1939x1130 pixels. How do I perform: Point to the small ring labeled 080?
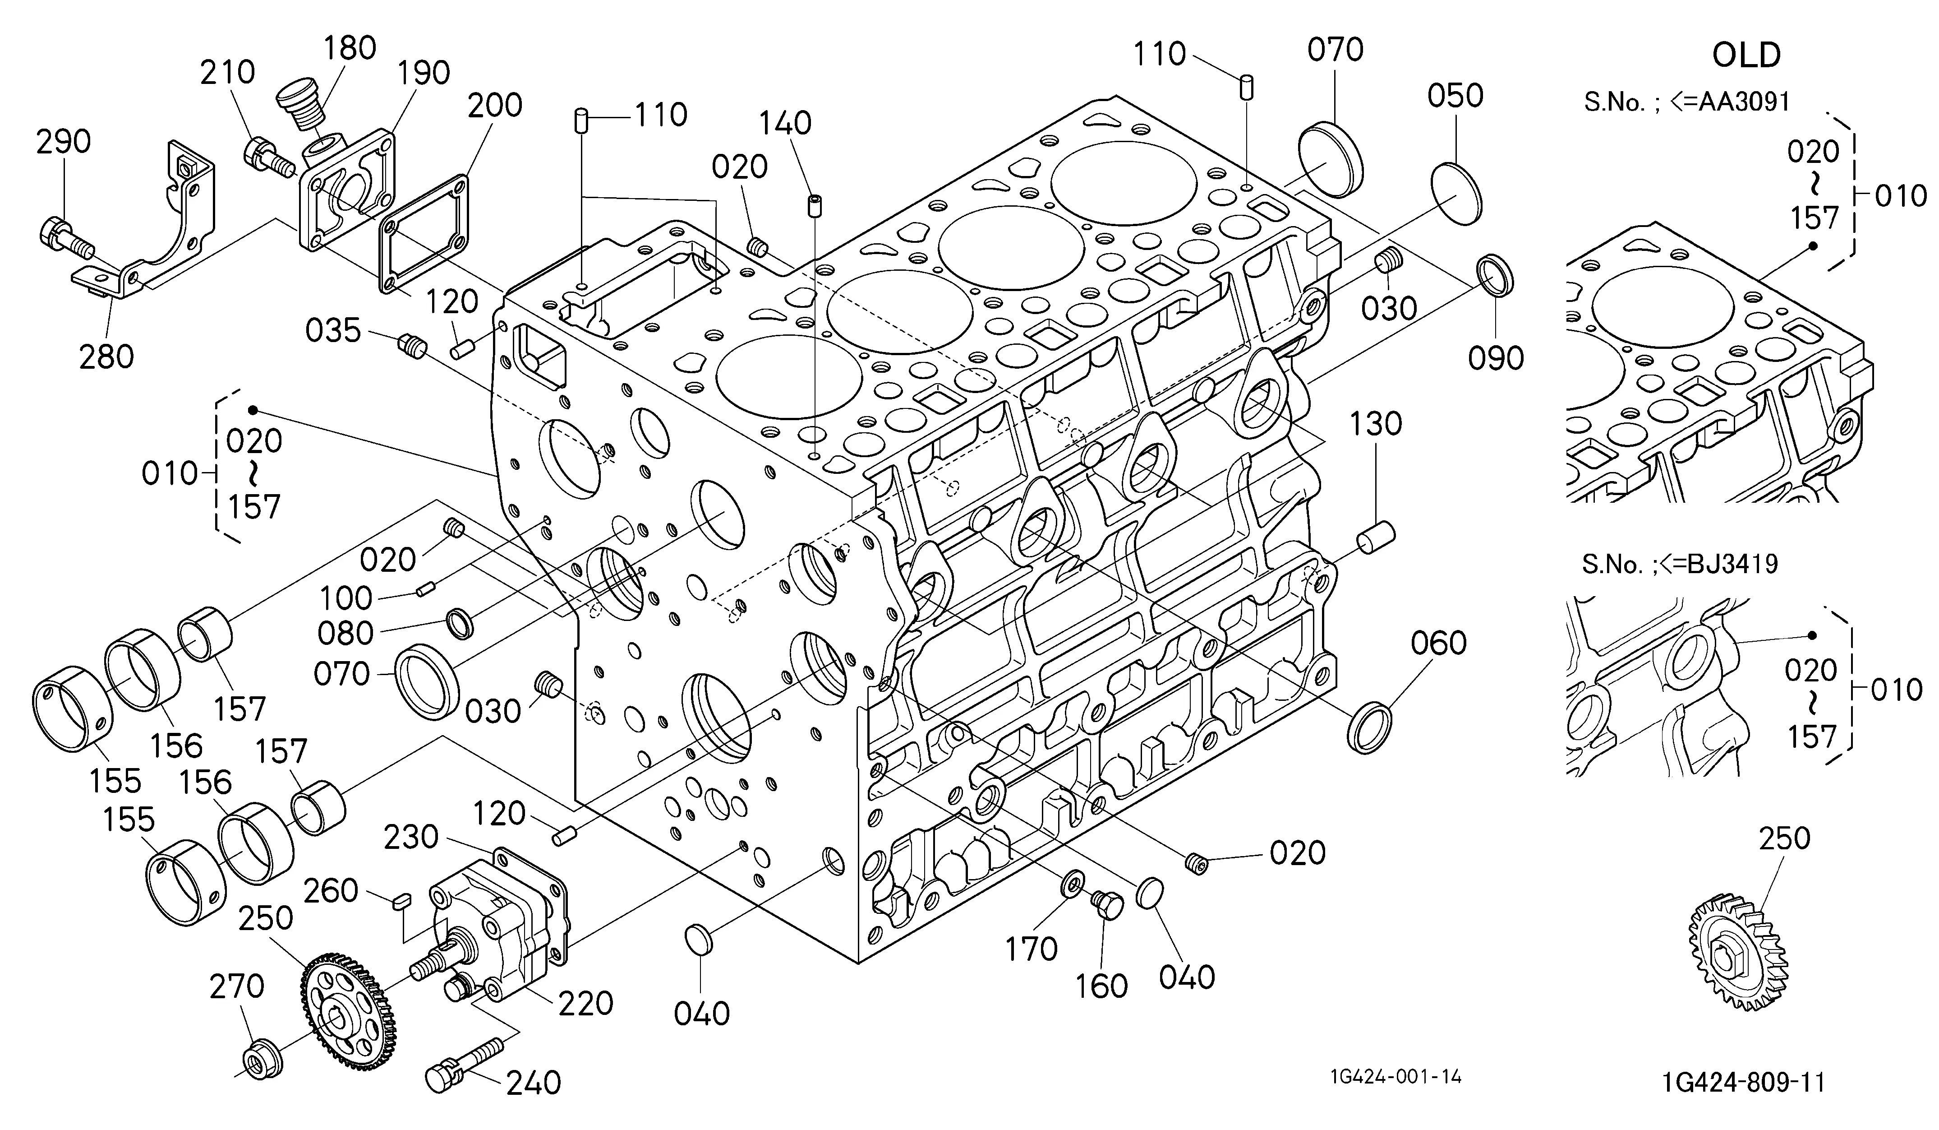460,622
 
